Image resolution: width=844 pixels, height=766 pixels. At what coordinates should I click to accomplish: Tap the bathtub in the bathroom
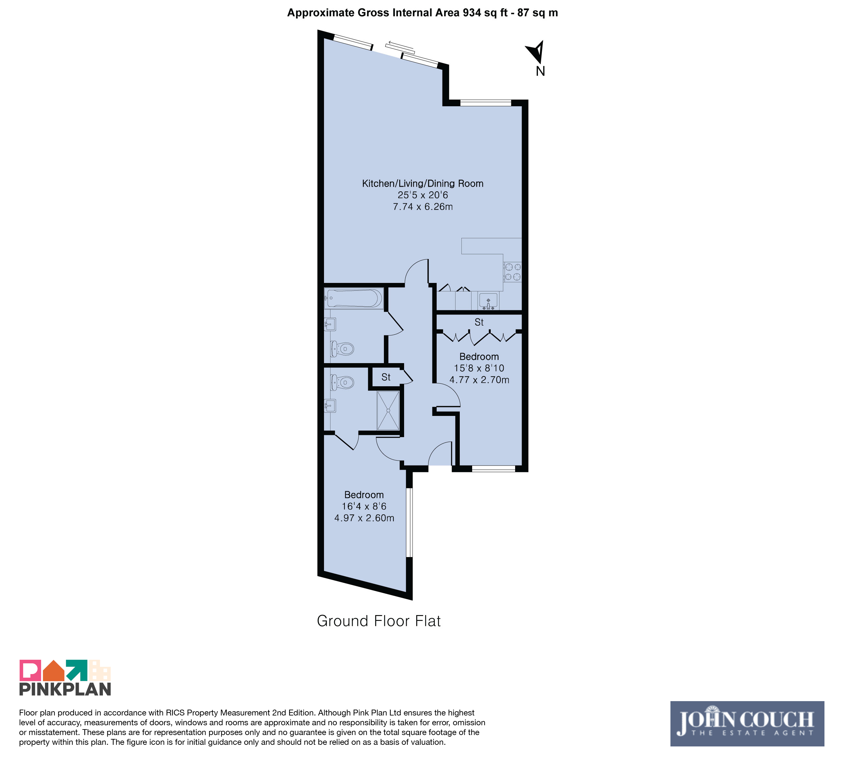[354, 299]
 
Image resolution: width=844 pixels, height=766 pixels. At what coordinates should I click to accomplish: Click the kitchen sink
[488, 301]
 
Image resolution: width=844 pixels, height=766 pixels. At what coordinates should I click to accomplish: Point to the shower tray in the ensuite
[388, 410]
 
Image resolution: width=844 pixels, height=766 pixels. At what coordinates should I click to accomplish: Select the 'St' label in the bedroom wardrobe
[479, 322]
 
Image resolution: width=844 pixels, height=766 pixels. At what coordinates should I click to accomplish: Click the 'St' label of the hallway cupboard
[386, 377]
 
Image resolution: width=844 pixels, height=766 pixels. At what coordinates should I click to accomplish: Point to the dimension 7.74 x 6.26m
[423, 207]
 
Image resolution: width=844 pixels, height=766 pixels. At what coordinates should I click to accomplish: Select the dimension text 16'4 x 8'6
[364, 506]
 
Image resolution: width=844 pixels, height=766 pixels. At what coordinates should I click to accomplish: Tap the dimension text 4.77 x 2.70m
[479, 380]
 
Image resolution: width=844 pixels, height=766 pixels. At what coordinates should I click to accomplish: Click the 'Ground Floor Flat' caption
[378, 621]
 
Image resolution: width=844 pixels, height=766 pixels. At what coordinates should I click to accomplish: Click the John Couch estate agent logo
[747, 724]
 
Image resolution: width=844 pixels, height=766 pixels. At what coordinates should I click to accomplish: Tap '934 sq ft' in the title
[485, 13]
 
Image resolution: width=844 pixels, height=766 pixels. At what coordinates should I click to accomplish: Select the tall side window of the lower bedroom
[409, 522]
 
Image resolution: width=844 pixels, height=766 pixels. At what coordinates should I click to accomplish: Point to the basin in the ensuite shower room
[330, 405]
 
